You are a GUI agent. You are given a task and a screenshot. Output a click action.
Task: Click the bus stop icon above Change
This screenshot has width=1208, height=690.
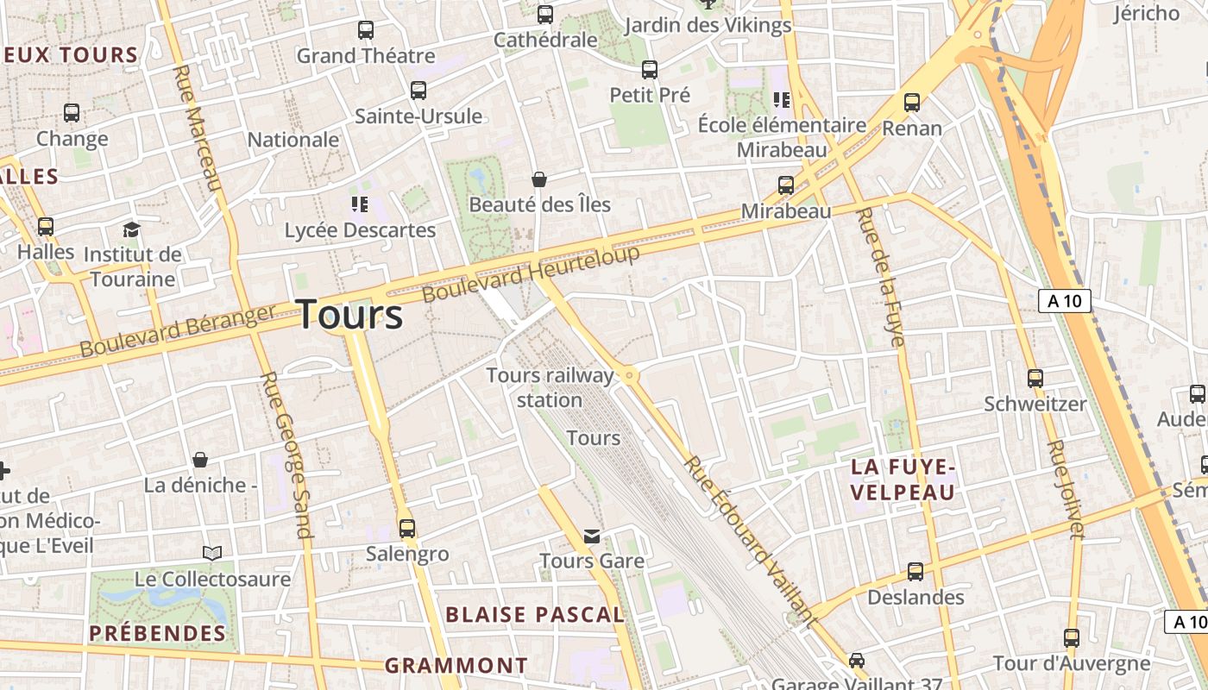click(72, 112)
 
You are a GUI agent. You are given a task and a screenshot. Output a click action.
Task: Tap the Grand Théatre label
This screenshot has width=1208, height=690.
click(366, 56)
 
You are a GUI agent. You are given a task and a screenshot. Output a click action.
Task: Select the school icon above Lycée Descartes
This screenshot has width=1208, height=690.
click(360, 204)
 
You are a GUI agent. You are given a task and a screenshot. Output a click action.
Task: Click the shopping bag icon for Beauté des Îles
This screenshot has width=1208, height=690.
click(539, 179)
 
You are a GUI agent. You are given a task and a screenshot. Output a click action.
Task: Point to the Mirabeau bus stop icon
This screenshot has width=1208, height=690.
click(785, 185)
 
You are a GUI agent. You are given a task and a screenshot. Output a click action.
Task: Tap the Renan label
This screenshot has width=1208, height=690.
click(912, 129)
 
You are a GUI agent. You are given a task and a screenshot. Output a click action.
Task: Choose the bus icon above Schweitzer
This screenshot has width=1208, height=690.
click(1035, 378)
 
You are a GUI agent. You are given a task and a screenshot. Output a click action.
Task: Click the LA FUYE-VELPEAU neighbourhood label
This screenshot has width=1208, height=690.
click(903, 480)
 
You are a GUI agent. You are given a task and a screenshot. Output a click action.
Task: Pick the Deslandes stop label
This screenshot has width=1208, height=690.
click(915, 597)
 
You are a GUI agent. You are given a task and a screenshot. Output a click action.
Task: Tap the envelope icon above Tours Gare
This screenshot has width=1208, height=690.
click(591, 536)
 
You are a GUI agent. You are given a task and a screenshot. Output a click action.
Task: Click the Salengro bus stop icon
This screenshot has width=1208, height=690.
click(406, 528)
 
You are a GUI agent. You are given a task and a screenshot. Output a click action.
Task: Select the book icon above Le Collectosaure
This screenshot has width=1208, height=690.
click(212, 553)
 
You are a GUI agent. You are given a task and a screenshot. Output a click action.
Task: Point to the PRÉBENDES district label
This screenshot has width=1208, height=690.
click(158, 633)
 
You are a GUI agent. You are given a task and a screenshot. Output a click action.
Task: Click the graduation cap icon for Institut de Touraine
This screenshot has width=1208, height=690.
click(131, 229)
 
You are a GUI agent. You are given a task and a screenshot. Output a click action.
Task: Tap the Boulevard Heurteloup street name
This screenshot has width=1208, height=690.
click(531, 273)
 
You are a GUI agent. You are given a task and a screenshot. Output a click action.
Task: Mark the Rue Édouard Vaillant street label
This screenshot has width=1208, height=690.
click(750, 540)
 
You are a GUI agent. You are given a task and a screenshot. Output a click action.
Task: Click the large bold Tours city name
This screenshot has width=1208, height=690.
click(349, 315)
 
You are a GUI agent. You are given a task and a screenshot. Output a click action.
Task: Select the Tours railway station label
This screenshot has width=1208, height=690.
click(550, 387)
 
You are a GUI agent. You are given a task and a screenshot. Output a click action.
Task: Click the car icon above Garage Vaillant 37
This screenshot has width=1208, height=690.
click(856, 661)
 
